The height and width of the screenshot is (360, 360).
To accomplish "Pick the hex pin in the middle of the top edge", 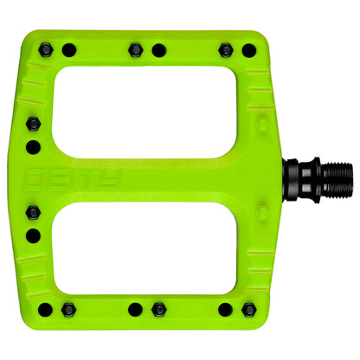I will pos(135,49).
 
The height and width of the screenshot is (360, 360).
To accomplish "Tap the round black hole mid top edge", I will pos(157,50).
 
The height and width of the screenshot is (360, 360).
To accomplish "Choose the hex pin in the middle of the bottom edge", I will pos(157,309).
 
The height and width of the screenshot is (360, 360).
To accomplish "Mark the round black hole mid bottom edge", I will pos(135,309).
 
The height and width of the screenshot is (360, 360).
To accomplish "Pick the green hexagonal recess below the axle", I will pos(260,234).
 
